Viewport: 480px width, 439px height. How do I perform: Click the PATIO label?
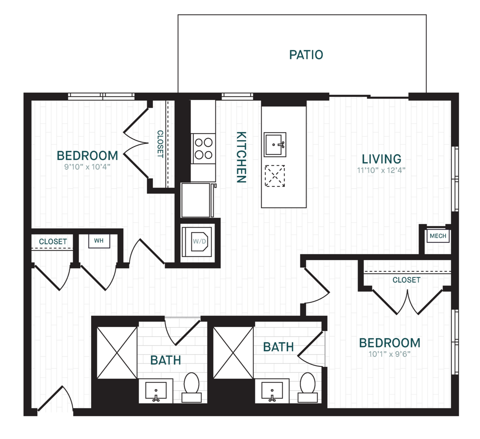pos(306,55)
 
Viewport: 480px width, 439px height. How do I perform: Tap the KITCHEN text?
pos(241,157)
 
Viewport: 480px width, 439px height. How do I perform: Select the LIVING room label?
pos(382,159)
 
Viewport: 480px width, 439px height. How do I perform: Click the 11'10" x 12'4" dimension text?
pos(382,170)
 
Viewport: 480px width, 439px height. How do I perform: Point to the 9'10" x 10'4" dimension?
pos(87,167)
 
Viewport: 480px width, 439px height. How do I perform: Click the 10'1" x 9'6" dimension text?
pos(389,354)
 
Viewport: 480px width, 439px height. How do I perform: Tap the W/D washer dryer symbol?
pos(197,242)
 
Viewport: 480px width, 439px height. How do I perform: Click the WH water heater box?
pos(99,241)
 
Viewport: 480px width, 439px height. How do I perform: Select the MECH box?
pos(438,236)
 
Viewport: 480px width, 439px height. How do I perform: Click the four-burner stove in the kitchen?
pos(204,149)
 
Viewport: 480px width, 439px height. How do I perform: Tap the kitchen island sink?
pos(275,145)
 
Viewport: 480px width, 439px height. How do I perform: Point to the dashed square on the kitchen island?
pos(275,176)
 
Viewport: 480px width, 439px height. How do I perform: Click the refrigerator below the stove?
pos(197,200)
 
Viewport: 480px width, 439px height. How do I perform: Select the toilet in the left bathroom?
pos(191,387)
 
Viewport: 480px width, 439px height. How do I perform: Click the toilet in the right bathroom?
pos(308,387)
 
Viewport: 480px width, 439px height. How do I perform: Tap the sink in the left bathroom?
pos(156,391)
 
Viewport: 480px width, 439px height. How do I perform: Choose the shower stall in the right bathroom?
pos(233,353)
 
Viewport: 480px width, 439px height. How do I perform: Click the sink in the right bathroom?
pos(272,391)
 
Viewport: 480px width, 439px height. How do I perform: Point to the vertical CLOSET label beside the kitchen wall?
pos(160,144)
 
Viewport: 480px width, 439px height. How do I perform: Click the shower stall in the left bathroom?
pos(117,353)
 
